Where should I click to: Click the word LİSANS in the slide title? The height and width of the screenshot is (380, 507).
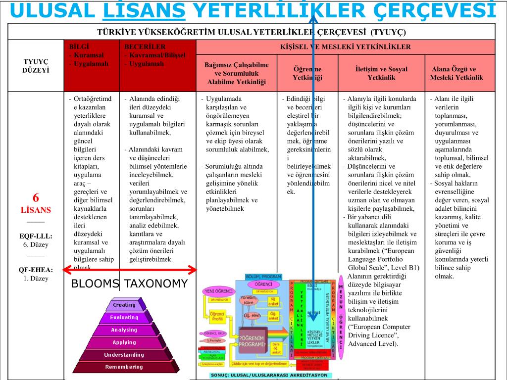[x=144, y=10]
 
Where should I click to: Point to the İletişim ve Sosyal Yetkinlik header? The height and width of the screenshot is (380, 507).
[x=381, y=73]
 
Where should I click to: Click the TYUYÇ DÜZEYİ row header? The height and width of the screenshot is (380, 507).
[x=36, y=66]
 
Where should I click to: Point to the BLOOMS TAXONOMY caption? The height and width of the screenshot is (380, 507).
[x=130, y=284]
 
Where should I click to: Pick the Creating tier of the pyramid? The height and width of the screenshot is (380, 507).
[x=124, y=305]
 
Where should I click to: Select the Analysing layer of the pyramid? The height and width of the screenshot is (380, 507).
[x=124, y=330]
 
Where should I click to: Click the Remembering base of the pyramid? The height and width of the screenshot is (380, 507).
[x=124, y=367]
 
